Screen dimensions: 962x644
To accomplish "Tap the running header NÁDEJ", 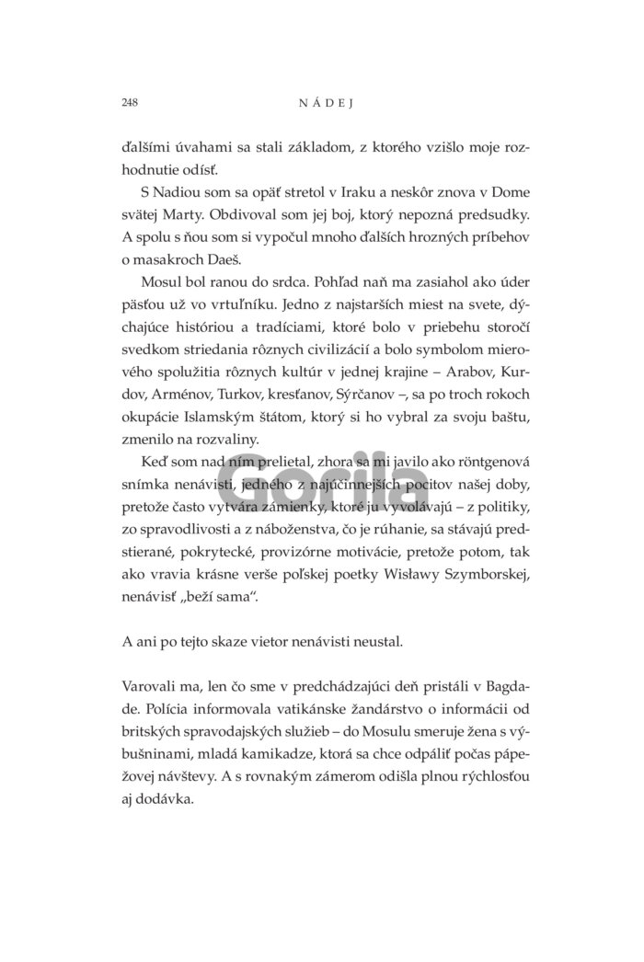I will click(321, 103).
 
